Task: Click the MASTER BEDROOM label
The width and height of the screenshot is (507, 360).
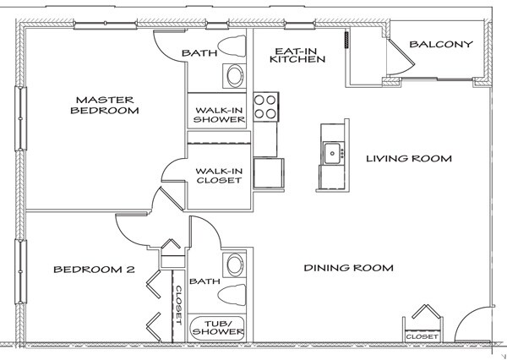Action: click(105, 104)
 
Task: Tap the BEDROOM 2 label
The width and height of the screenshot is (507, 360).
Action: click(94, 270)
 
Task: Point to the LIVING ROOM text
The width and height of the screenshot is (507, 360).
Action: click(408, 158)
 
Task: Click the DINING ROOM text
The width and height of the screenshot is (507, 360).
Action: click(349, 268)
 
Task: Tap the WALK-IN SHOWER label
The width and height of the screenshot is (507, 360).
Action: click(220, 114)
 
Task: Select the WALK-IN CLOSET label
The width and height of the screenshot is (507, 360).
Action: click(219, 174)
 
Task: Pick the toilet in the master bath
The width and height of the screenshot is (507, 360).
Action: click(231, 46)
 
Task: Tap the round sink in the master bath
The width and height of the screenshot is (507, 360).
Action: click(234, 77)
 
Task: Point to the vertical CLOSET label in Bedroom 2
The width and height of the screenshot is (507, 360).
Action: click(178, 303)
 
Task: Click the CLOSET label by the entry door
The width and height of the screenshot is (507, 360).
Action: click(422, 336)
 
